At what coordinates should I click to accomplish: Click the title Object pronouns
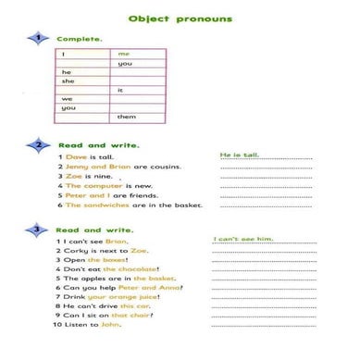tap(180, 19)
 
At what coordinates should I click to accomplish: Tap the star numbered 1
tap(38, 38)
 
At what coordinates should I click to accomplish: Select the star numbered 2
tap(38, 145)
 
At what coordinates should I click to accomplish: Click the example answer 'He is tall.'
tap(240, 155)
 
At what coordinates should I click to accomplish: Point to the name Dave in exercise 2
tap(75, 157)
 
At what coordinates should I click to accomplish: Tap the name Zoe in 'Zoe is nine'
tap(73, 176)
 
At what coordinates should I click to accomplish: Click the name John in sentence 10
tap(111, 325)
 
